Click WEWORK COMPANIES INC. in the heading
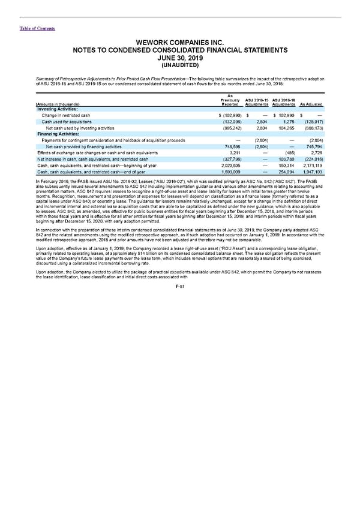coord(180,42)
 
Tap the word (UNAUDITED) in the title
coord(180,65)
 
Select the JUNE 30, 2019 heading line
coord(180,58)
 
